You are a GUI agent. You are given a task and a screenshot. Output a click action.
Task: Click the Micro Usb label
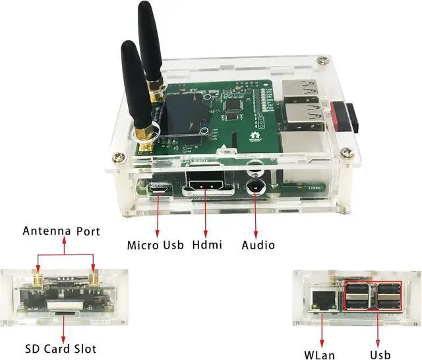click(152, 245)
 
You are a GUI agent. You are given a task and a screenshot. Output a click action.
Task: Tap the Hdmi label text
click(207, 245)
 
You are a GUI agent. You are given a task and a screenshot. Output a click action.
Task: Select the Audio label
click(258, 245)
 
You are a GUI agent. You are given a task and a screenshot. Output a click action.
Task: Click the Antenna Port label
click(61, 231)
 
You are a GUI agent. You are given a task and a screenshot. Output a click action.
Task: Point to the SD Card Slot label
click(61, 348)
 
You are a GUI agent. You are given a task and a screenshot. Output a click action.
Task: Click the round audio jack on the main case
click(255, 185)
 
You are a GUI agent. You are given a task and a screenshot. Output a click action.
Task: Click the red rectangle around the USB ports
click(373, 297)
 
